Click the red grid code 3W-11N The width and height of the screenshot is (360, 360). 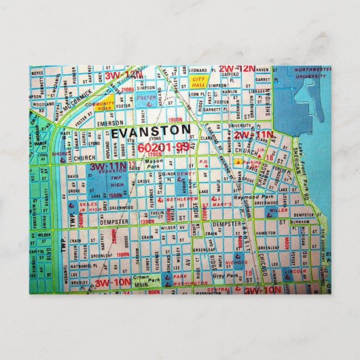point(109,165)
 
